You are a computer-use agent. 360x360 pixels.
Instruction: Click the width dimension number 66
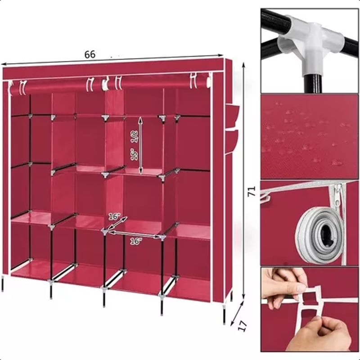click(90, 54)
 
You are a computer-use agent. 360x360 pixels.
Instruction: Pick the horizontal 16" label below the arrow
click(135, 241)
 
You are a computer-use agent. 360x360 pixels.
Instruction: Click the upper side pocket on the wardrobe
click(232, 116)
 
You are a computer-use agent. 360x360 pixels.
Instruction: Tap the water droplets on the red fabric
click(306, 135)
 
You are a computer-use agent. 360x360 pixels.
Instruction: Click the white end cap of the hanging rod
click(208, 81)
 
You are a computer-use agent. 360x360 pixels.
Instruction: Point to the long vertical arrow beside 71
click(243, 180)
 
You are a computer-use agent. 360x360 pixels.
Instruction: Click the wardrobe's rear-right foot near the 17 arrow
click(224, 315)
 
